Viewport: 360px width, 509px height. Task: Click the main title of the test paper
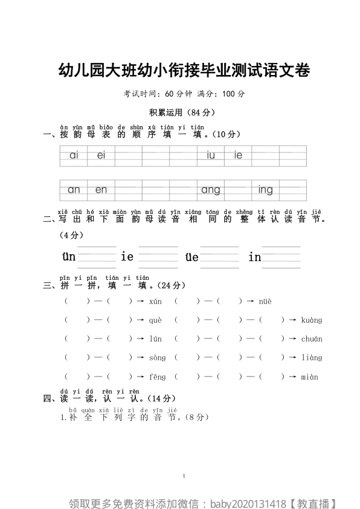(184, 71)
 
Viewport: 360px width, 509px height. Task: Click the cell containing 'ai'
(74, 155)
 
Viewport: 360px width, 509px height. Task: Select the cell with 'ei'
(101, 155)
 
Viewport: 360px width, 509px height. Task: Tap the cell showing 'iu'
(210, 155)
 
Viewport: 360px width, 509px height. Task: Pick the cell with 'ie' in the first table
(238, 155)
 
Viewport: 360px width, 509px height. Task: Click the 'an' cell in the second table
(74, 190)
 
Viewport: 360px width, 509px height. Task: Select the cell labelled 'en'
(101, 190)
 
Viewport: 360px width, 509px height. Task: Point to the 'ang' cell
(210, 190)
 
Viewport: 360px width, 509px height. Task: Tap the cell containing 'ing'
(265, 190)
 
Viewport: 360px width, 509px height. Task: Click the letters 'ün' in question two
(69, 257)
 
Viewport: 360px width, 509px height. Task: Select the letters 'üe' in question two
(191, 257)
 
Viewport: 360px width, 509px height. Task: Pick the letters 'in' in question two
(254, 257)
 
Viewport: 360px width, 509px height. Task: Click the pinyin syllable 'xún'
(155, 301)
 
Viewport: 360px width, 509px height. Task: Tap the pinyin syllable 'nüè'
(265, 301)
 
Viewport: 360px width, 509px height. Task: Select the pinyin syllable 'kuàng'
(312, 320)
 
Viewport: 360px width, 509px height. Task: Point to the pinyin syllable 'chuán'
(312, 339)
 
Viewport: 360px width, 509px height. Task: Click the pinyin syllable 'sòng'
(157, 358)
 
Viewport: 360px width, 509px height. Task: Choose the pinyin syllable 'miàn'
(309, 377)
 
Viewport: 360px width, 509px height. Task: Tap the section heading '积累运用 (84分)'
(182, 112)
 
